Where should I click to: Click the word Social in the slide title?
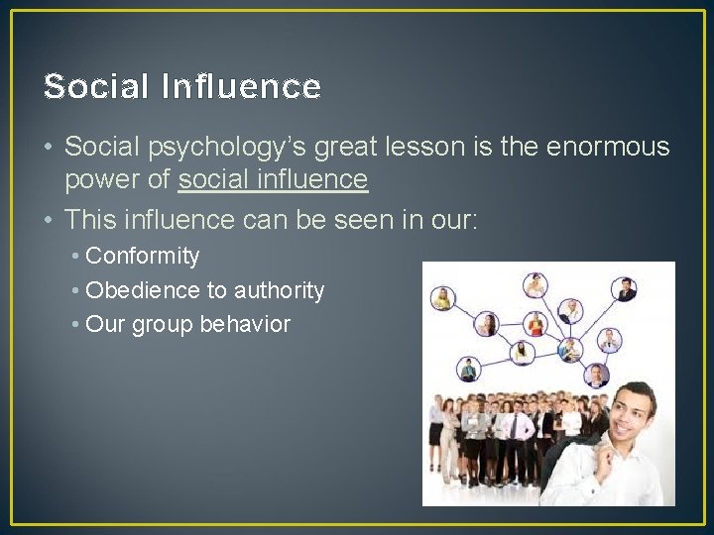click(95, 87)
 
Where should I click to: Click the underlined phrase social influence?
click(273, 180)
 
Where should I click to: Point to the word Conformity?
click(143, 257)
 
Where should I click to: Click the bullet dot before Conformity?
click(76, 257)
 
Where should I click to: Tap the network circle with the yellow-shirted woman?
click(443, 297)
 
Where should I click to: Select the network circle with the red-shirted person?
click(535, 324)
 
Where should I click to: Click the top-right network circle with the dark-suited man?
click(626, 289)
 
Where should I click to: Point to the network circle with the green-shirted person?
click(468, 369)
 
